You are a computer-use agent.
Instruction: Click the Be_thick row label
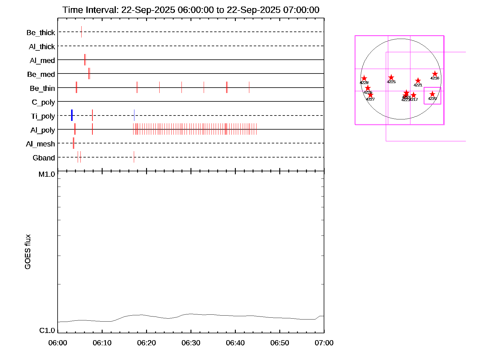(x=41, y=33)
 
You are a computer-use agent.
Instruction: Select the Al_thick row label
(x=42, y=47)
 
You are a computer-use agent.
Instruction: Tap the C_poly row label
(x=43, y=102)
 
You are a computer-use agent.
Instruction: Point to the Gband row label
(x=44, y=158)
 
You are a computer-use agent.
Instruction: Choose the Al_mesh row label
(x=40, y=144)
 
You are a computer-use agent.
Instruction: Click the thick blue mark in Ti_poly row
(x=72, y=115)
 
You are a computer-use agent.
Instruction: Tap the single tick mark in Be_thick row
(x=81, y=32)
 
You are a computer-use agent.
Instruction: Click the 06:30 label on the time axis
(x=191, y=343)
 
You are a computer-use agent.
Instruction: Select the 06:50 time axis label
(x=280, y=343)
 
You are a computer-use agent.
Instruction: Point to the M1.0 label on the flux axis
(x=47, y=174)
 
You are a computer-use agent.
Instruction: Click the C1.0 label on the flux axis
(x=47, y=331)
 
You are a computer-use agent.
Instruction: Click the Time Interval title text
(x=191, y=10)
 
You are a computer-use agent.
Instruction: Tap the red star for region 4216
(x=435, y=74)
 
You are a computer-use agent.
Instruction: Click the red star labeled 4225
(x=391, y=77)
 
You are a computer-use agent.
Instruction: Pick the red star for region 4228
(x=364, y=78)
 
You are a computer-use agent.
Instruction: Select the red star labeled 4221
(x=418, y=81)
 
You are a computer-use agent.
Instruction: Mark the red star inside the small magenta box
(x=432, y=94)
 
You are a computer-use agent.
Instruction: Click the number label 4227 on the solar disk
(x=370, y=99)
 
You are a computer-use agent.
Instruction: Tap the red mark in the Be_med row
(x=89, y=73)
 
